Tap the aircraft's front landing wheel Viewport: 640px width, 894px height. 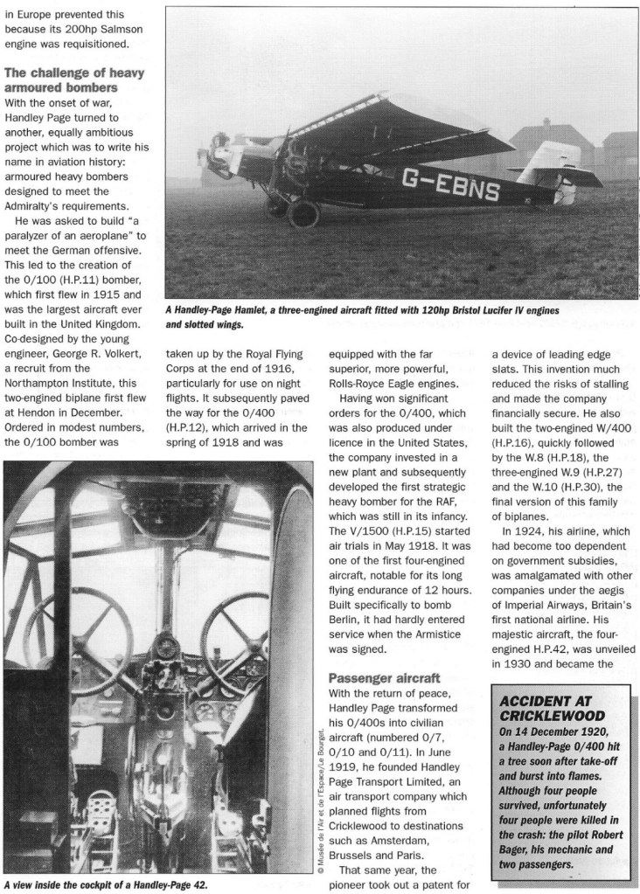pos(304,213)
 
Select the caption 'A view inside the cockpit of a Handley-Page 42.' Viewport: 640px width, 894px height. pos(108,884)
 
